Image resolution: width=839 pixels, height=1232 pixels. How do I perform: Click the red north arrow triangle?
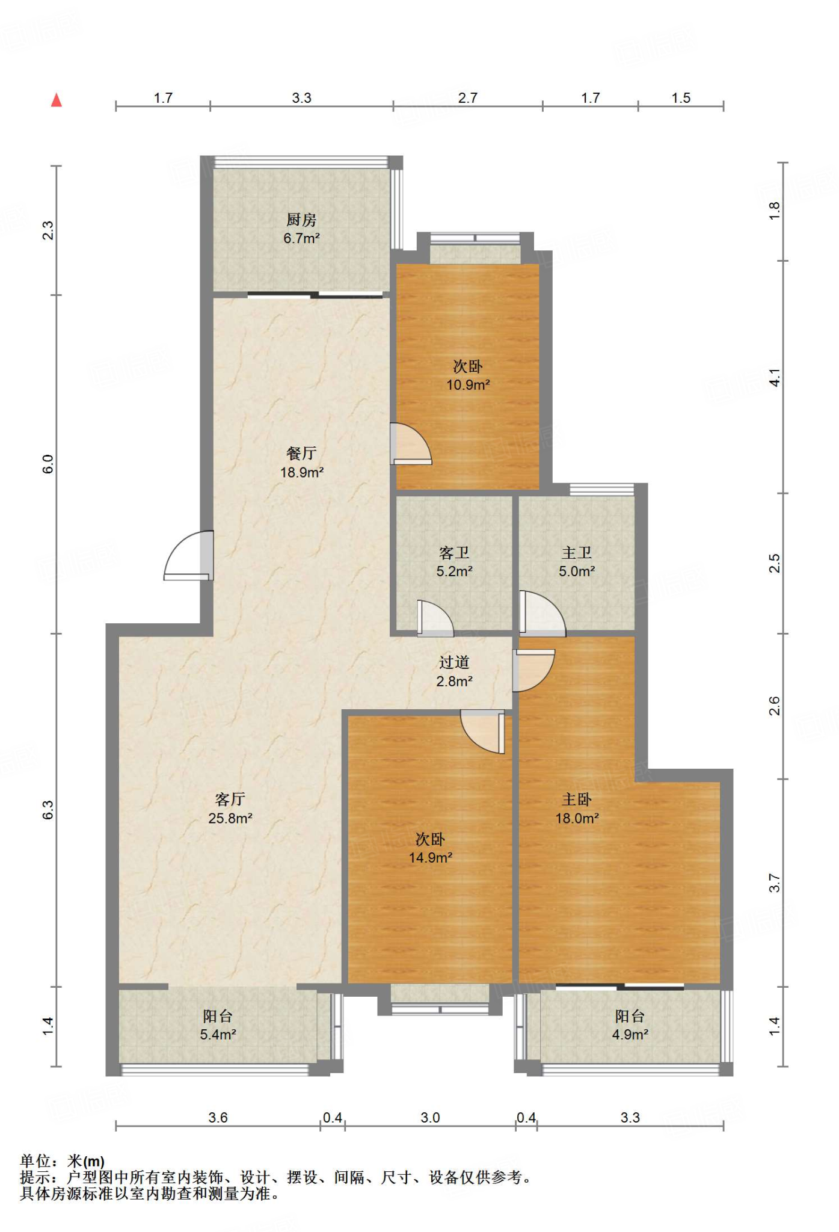tap(57, 100)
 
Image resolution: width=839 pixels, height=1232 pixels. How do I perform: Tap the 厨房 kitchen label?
tap(301, 220)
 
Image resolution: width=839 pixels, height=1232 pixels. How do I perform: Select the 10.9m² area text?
tap(468, 385)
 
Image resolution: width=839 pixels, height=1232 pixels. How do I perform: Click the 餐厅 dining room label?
tap(301, 453)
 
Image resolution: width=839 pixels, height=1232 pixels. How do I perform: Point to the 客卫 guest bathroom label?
tap(454, 552)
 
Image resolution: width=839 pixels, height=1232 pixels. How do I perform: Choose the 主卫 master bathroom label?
tap(577, 552)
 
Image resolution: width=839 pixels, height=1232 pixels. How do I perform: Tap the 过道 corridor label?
tap(454, 662)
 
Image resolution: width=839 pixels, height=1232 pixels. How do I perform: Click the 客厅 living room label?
tap(230, 799)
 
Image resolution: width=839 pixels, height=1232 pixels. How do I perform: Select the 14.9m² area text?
tap(431, 858)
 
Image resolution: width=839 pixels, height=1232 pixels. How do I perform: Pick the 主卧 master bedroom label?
tap(577, 799)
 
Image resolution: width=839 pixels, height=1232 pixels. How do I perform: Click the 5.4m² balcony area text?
tap(218, 1035)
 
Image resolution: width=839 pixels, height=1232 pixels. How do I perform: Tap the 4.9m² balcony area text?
tap(630, 1035)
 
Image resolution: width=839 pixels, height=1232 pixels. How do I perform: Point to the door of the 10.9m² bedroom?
tap(411, 444)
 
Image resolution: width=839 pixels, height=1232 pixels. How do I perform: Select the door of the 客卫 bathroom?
tap(435, 618)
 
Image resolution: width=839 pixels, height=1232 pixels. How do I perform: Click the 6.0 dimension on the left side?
tap(48, 464)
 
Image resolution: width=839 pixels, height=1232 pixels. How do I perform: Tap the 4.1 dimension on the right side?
tap(775, 378)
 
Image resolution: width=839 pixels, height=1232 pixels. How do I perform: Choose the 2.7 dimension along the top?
tap(468, 98)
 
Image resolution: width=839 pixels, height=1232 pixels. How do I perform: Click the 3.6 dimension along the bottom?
tap(218, 1118)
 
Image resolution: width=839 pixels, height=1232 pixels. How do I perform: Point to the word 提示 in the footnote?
tap(35, 1177)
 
